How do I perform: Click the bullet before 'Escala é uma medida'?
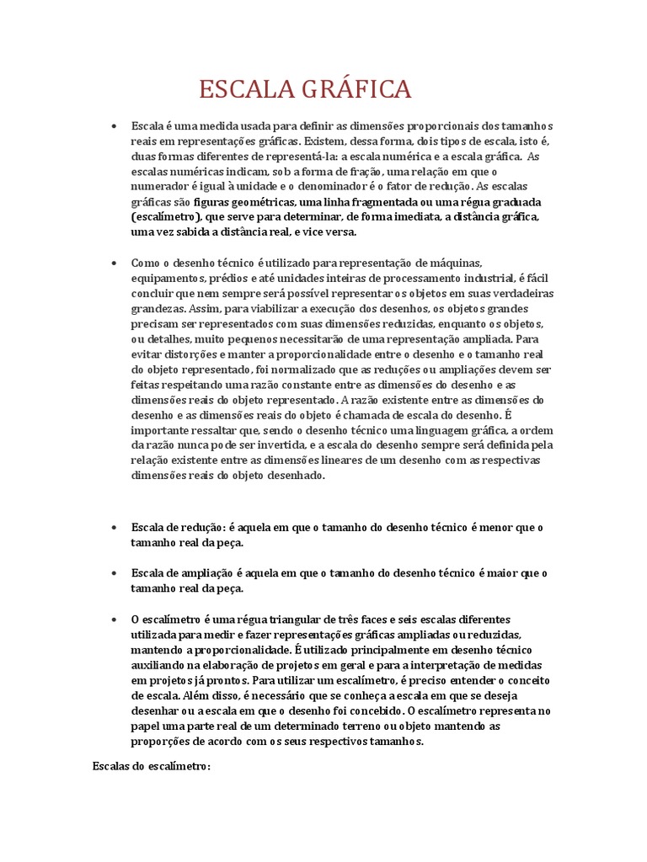point(113,125)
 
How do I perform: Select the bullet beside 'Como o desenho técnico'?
point(113,263)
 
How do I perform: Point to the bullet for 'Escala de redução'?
point(113,527)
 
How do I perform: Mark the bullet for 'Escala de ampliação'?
point(113,573)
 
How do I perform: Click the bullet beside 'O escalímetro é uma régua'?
point(113,620)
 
